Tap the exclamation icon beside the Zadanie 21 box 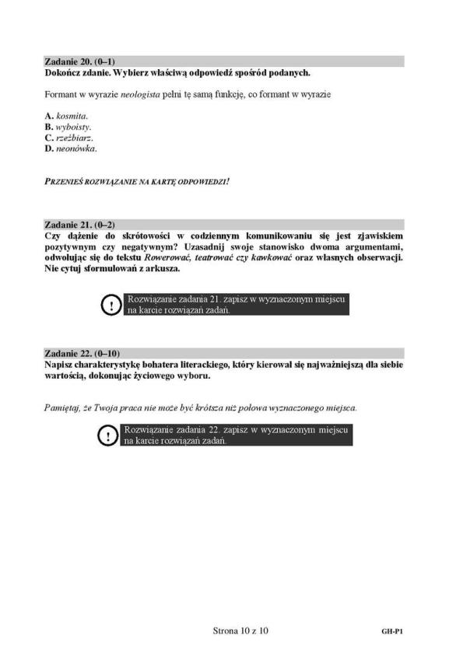click(110, 305)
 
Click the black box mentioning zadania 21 click(237, 304)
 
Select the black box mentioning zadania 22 click(237, 435)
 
